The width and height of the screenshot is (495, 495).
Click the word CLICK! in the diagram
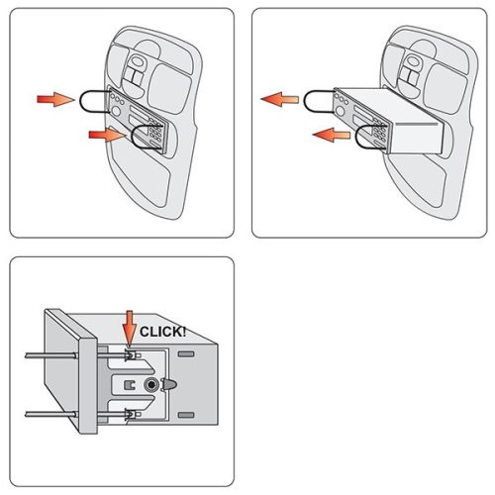(162, 332)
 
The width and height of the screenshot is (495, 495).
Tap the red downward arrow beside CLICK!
(130, 329)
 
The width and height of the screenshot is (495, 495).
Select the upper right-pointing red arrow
(55, 99)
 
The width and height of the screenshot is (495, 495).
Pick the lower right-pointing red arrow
(107, 135)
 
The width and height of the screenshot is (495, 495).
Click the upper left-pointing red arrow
(280, 99)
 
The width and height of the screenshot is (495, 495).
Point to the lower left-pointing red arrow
(332, 135)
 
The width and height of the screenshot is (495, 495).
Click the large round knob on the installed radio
(116, 111)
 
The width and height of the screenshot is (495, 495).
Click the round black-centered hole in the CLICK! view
(151, 385)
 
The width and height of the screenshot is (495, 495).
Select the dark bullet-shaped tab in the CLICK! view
(170, 384)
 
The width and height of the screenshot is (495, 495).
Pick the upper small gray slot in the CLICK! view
(186, 354)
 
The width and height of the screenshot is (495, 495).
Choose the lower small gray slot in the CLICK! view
(186, 415)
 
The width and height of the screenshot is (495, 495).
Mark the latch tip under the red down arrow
(130, 353)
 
